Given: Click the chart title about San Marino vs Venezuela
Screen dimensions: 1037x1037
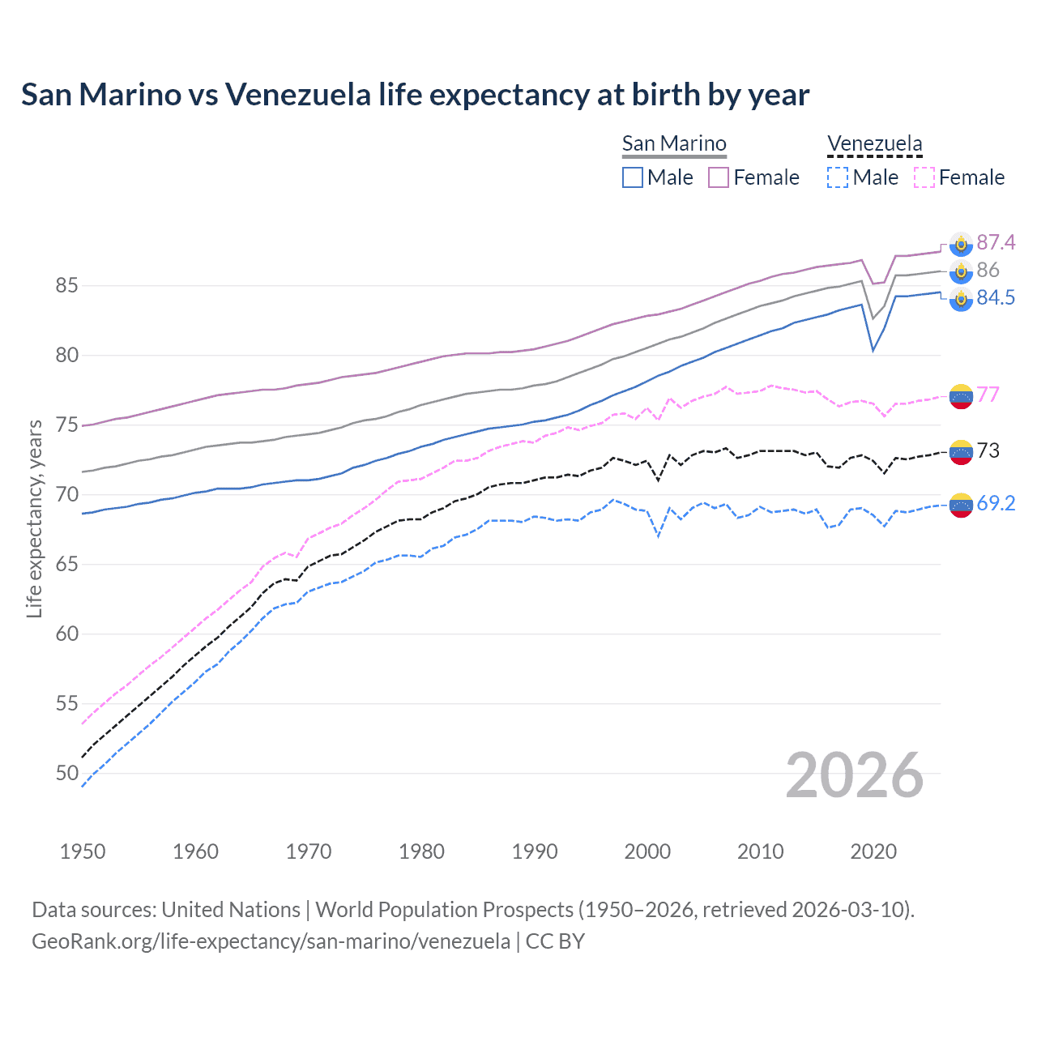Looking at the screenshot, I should [415, 95].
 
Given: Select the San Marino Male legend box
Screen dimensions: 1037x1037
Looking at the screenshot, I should [633, 177].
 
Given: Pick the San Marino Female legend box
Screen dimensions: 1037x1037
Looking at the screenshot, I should [719, 177].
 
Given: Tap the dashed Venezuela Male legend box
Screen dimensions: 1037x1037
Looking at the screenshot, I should [838, 177].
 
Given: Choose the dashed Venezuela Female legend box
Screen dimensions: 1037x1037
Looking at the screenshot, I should [924, 177].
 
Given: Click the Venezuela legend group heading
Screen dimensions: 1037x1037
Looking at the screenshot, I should [874, 144].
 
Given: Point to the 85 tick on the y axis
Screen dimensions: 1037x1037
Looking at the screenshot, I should [67, 286].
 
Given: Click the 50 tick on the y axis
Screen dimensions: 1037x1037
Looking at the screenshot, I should [67, 774].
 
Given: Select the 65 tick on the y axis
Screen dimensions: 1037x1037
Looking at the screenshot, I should [67, 565].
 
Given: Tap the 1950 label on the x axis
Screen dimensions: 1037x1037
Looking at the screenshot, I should [83, 851].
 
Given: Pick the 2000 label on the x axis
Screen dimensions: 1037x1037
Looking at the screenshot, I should [647, 851].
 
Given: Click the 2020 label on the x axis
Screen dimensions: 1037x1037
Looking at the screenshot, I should [873, 851].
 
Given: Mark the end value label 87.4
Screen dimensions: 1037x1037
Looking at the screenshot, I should [996, 243].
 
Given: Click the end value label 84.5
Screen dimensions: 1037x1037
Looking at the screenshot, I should [996, 298].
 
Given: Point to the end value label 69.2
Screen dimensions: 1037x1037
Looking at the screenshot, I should [996, 504].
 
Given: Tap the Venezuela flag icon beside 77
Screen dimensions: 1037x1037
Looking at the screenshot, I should [961, 396].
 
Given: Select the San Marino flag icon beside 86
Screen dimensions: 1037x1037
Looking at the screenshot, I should [961, 271].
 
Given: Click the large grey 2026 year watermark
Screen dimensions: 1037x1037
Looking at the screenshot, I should [855, 775].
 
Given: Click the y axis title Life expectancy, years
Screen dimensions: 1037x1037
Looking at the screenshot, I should [34, 518].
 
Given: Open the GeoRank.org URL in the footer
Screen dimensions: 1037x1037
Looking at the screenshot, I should [271, 941].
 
